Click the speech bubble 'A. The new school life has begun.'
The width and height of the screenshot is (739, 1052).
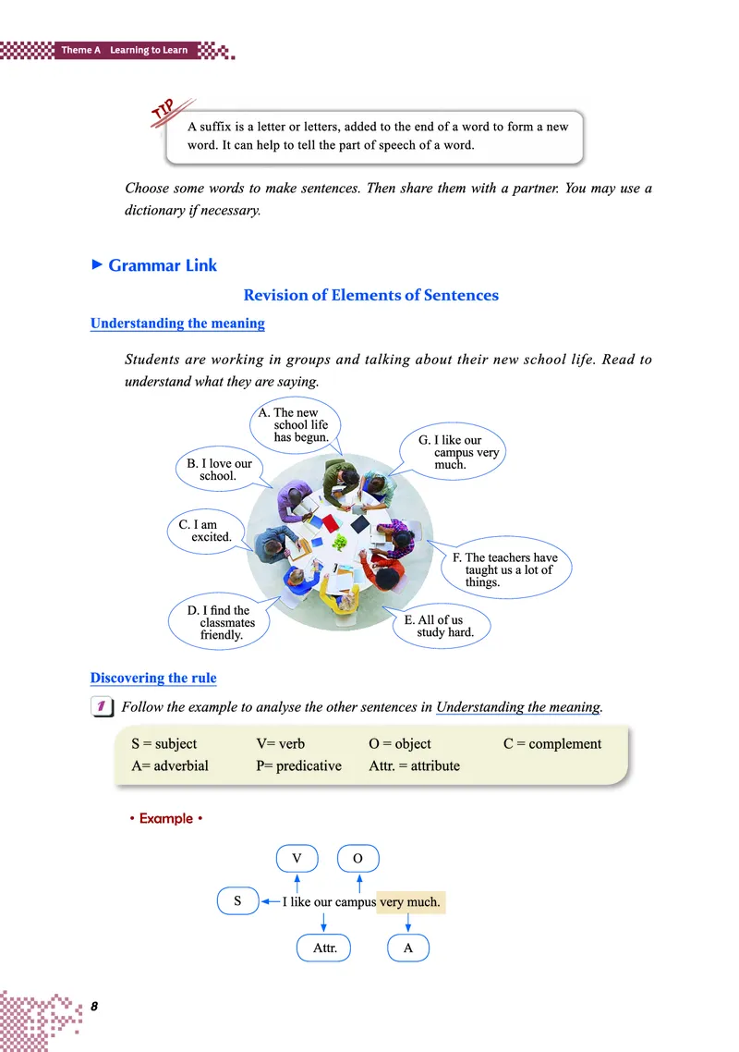(296, 425)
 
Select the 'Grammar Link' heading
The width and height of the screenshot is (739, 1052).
(163, 265)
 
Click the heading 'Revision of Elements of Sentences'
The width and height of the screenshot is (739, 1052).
(370, 295)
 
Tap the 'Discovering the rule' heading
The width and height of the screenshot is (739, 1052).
(153, 678)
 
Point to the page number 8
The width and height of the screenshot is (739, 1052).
(94, 1005)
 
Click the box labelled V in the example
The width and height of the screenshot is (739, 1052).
(297, 859)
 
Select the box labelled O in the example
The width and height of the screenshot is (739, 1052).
(358, 859)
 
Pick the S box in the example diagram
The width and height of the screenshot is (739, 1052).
(237, 900)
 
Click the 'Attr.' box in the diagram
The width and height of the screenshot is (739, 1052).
(324, 948)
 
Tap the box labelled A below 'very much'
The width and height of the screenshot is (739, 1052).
(408, 948)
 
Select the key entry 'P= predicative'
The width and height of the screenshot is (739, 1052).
(298, 765)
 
